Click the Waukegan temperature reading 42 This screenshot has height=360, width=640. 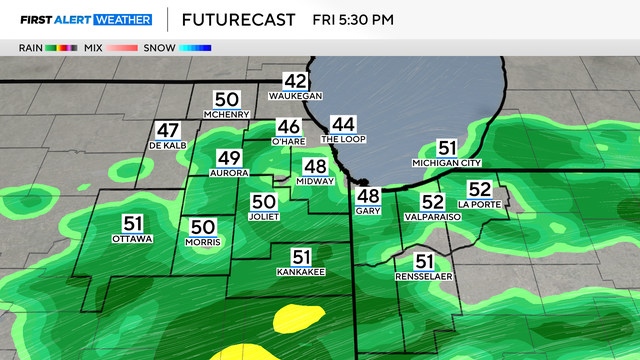point(295,81)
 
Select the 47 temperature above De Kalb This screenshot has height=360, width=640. point(167,130)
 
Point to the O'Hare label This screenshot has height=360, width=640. point(289,142)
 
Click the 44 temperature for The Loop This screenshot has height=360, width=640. point(344,124)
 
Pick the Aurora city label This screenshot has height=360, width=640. point(229,172)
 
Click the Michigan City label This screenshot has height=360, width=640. point(447,163)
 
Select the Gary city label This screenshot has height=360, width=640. point(368,212)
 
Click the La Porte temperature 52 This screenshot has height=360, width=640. point(480,189)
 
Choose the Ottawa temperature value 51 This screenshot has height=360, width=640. point(133,224)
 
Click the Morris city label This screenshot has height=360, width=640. point(203,242)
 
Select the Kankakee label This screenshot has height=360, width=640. point(301,271)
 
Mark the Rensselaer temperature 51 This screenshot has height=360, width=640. point(424,262)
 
